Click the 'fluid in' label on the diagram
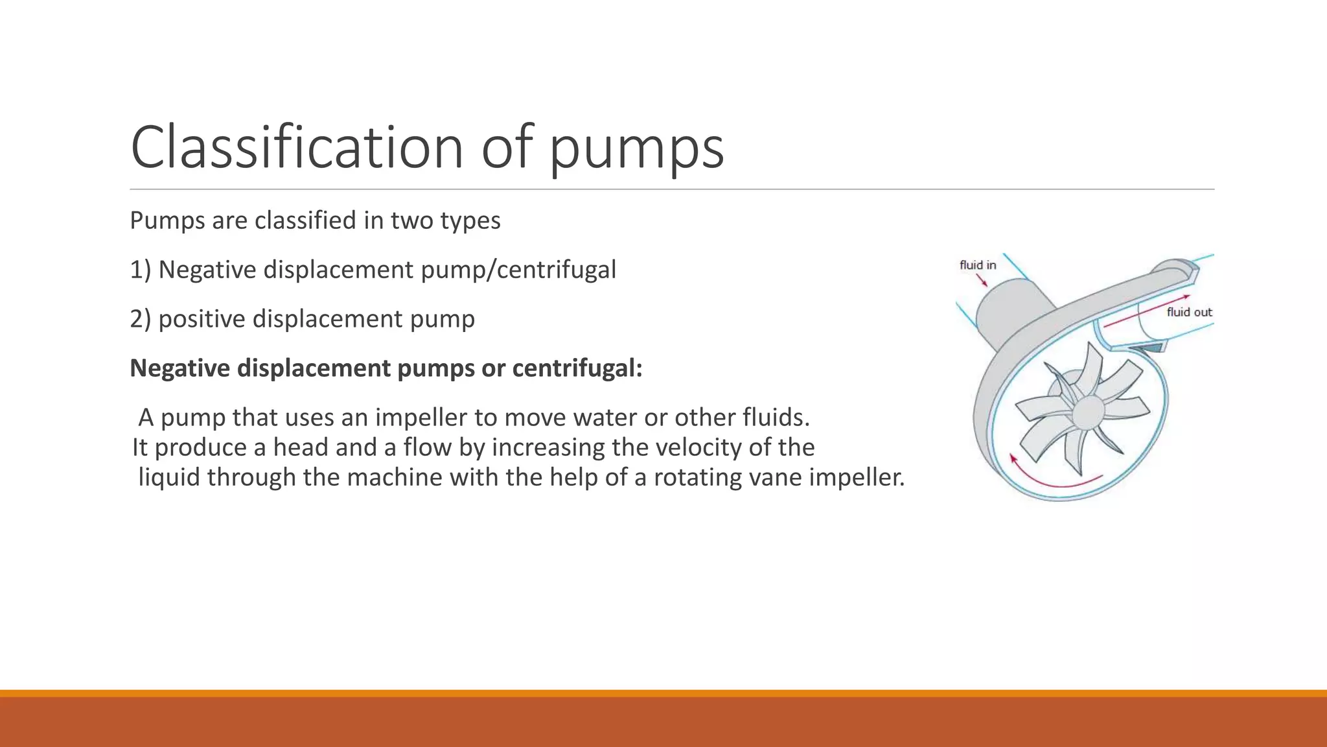(x=978, y=265)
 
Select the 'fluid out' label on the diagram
(x=1189, y=312)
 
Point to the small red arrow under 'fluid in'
(x=982, y=279)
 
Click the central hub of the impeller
(x=1088, y=411)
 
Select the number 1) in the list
(x=140, y=270)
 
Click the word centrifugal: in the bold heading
(x=577, y=368)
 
